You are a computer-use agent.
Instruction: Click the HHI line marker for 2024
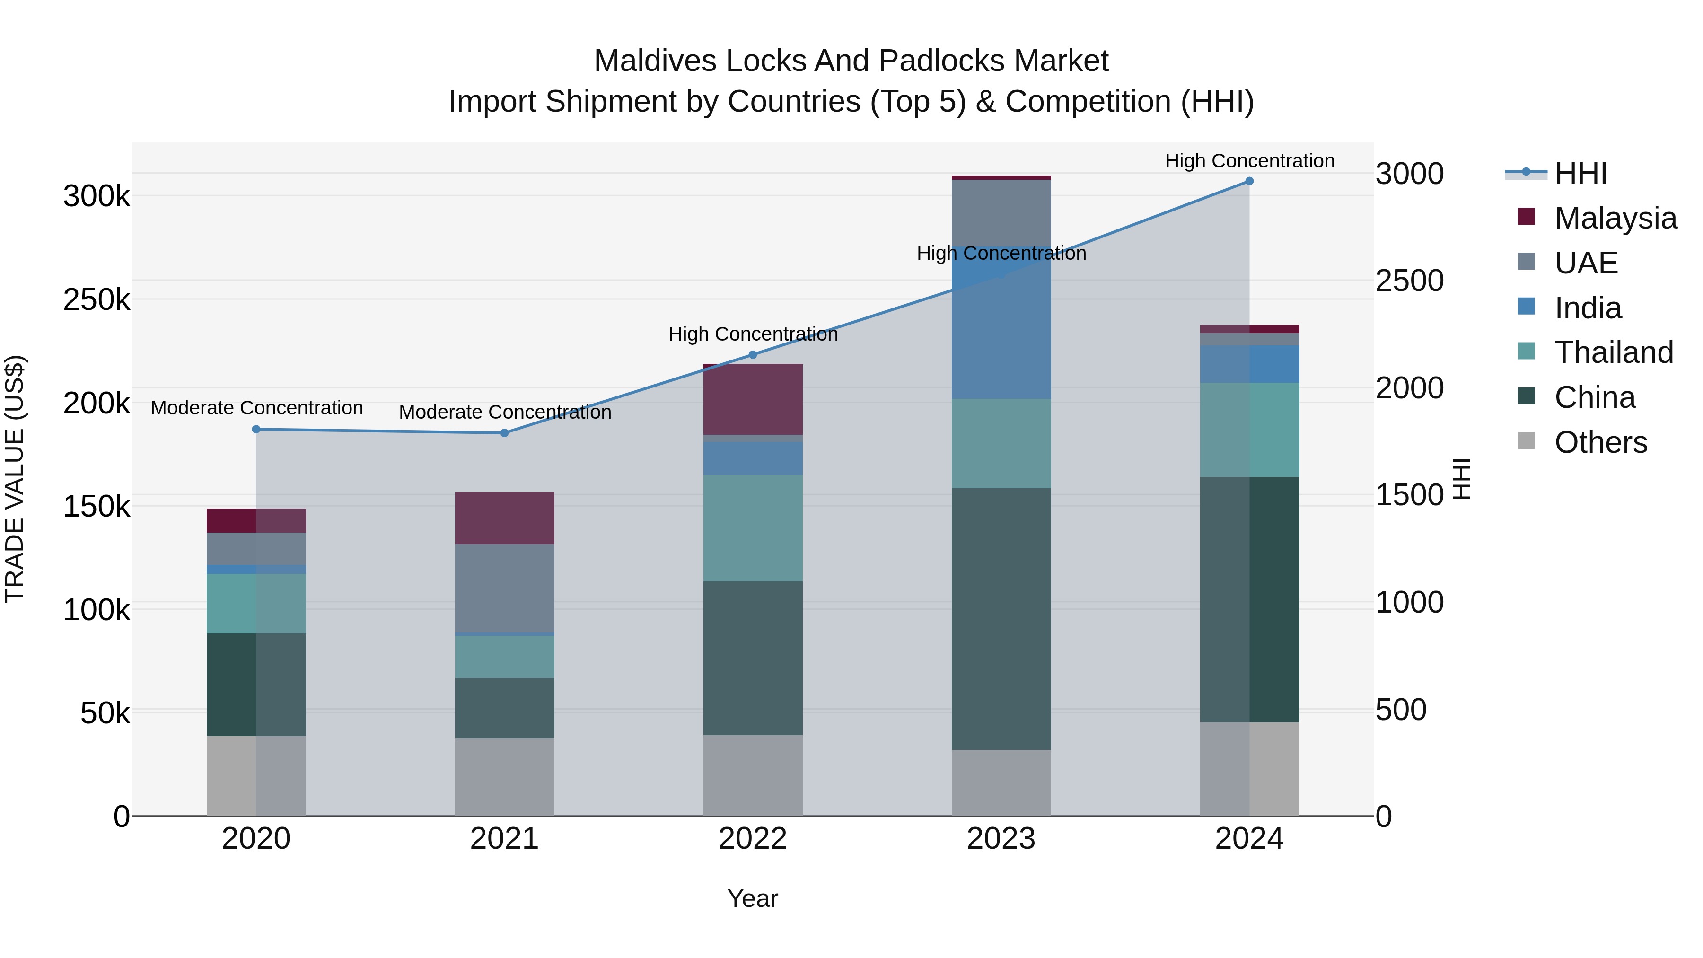coord(1249,181)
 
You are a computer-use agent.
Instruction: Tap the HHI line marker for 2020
coord(256,429)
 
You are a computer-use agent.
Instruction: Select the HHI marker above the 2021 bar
coord(504,433)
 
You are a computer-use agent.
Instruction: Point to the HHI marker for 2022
coord(752,354)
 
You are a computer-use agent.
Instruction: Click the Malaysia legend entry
coord(1615,218)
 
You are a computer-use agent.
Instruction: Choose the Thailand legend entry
coord(1613,352)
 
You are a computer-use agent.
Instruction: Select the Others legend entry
coord(1600,442)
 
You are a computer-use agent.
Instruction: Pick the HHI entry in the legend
coord(1580,173)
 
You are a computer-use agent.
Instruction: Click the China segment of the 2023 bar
coord(1001,618)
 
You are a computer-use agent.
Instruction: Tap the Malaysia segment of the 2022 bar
coord(752,399)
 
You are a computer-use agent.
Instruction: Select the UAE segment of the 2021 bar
coord(504,589)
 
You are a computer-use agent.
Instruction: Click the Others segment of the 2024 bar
coord(1249,768)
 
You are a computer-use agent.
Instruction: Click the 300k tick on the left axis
coord(97,196)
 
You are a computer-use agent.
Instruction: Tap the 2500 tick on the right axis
coord(1410,281)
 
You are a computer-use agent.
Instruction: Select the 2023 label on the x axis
coord(1001,839)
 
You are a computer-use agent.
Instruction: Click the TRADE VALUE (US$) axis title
coord(15,479)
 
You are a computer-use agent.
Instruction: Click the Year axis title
coord(752,898)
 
